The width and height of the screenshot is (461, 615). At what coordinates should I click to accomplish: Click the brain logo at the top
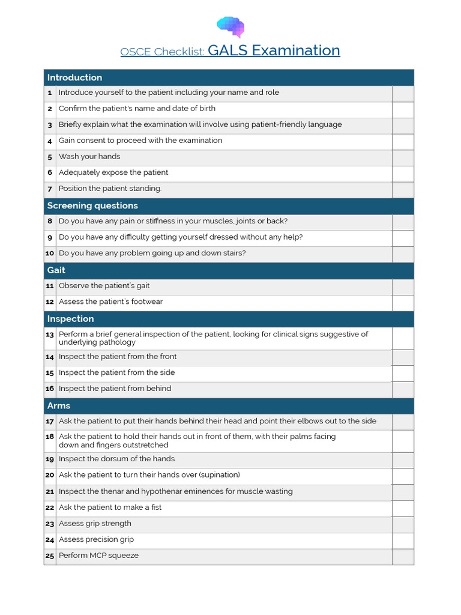click(x=230, y=26)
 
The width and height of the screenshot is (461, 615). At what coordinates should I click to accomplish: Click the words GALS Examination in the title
click(x=274, y=50)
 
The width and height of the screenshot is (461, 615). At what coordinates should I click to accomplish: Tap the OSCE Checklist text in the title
click(x=162, y=52)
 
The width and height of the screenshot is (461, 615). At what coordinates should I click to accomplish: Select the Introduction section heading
click(x=74, y=77)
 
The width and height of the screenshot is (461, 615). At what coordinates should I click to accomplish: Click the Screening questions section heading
click(x=92, y=205)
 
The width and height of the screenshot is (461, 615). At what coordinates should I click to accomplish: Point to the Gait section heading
click(x=56, y=270)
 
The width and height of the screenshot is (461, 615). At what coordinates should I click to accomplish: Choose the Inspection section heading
click(x=71, y=319)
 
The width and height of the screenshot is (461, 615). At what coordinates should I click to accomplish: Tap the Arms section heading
click(x=59, y=405)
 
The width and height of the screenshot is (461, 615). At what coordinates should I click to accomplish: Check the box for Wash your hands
click(x=403, y=157)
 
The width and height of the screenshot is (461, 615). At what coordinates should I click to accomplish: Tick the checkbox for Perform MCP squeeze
click(x=403, y=556)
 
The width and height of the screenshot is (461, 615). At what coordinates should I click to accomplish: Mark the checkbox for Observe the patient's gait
click(x=403, y=286)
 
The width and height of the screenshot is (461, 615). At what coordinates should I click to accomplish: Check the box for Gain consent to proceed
click(x=403, y=142)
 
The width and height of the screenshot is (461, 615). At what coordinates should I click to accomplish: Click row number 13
click(x=50, y=335)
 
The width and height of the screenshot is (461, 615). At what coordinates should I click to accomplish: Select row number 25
click(x=50, y=556)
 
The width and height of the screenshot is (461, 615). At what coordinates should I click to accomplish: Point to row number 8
click(x=50, y=222)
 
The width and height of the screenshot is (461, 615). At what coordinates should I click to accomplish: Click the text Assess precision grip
click(x=96, y=540)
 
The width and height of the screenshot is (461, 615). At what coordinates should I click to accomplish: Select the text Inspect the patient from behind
click(x=115, y=389)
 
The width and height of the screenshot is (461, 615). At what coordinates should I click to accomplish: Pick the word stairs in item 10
click(x=234, y=253)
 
